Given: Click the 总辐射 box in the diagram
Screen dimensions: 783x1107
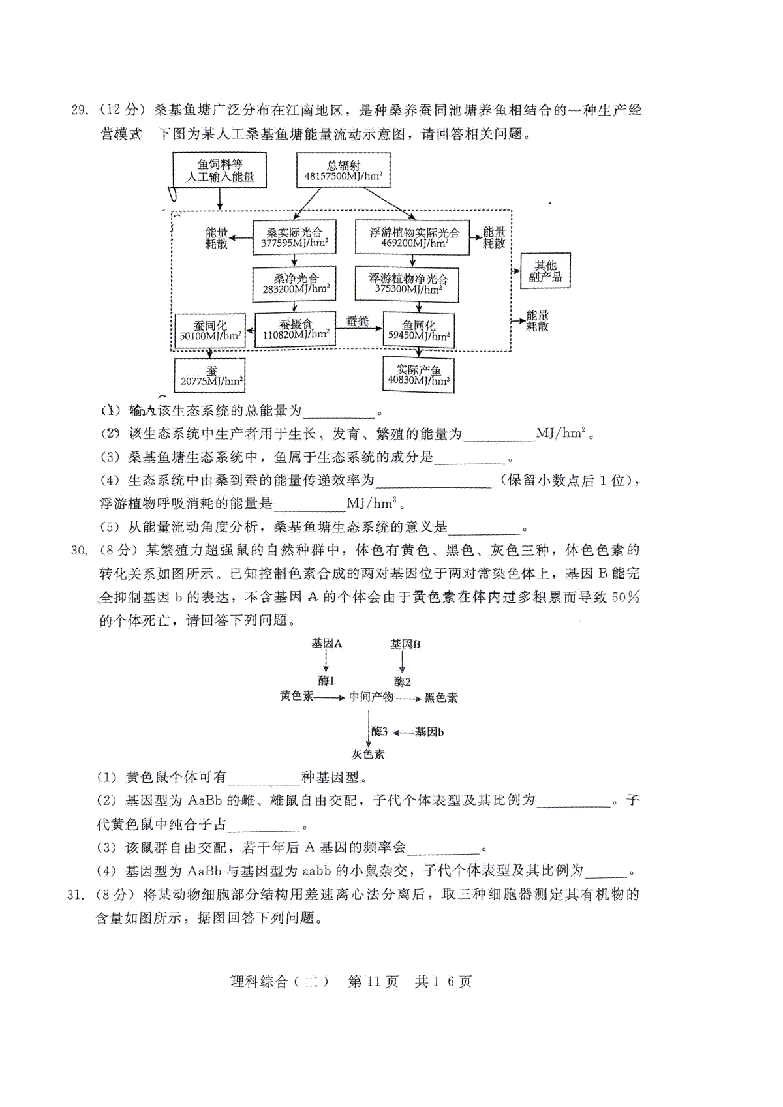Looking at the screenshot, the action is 343,170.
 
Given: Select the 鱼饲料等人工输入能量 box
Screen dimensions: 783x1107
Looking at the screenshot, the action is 219,170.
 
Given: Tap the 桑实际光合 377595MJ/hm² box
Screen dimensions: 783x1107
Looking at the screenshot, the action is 294,237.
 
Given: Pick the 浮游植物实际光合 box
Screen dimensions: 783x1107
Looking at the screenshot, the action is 412,237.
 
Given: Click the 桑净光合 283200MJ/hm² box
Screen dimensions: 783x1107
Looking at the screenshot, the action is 294,284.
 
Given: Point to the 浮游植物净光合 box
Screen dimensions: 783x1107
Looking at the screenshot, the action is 407,284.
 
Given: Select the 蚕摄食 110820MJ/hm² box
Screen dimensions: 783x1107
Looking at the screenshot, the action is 295,329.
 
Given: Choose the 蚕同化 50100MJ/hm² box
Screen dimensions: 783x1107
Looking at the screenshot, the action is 211,331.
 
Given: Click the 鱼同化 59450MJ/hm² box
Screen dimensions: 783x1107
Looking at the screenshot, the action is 419,331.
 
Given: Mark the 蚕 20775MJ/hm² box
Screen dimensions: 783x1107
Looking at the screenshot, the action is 210,376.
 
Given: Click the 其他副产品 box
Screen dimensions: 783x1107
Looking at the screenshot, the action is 545,271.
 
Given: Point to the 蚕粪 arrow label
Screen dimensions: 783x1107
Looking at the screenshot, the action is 358,321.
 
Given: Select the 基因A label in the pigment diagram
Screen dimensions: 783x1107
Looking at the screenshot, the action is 326,643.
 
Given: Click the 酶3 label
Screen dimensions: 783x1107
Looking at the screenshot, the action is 379,731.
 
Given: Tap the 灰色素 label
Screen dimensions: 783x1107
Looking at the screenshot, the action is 368,754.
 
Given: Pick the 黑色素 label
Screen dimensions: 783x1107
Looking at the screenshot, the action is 441,697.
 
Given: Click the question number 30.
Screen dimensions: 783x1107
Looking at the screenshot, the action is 79,551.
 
